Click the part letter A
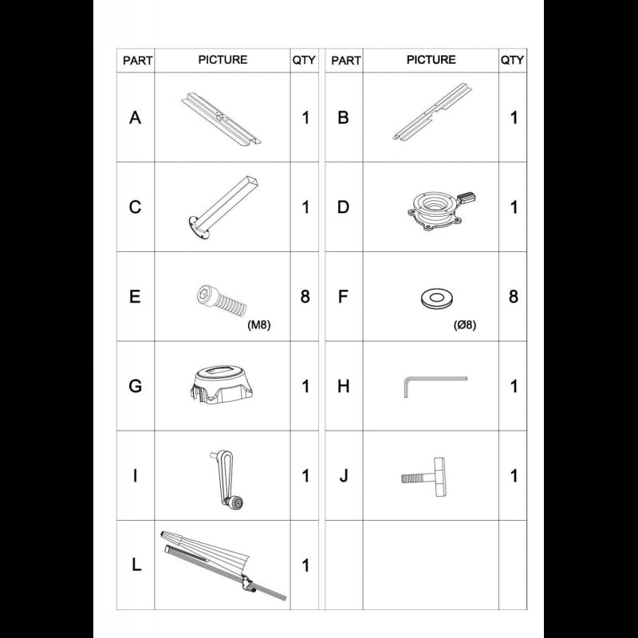tap(136, 118)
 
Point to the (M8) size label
tap(259, 325)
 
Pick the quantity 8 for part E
tap(305, 297)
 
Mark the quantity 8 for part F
tap(513, 297)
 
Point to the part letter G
tap(136, 387)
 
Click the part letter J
tap(344, 476)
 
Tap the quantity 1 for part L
tap(305, 565)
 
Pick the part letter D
tap(344, 207)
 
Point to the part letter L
tap(136, 565)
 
